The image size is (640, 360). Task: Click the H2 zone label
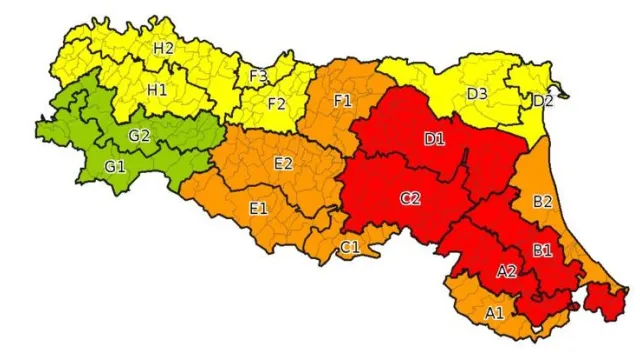click(164, 48)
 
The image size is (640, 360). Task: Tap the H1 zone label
click(157, 89)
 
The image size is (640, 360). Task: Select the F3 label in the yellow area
click(257, 75)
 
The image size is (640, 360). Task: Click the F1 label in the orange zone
click(343, 101)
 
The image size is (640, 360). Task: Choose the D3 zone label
click(477, 94)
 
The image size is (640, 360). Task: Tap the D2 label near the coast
click(542, 100)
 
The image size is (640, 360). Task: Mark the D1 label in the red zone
click(435, 139)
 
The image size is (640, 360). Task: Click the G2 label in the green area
click(139, 136)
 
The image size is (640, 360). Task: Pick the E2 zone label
click(282, 164)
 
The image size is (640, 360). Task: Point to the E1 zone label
click(258, 208)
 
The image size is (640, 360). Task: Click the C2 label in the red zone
click(410, 198)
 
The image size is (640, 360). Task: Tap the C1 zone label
click(350, 246)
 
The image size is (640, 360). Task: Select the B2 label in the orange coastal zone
click(543, 202)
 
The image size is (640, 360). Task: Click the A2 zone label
click(507, 270)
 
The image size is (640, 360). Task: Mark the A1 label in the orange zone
click(494, 313)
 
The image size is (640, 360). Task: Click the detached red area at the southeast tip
click(606, 299)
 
